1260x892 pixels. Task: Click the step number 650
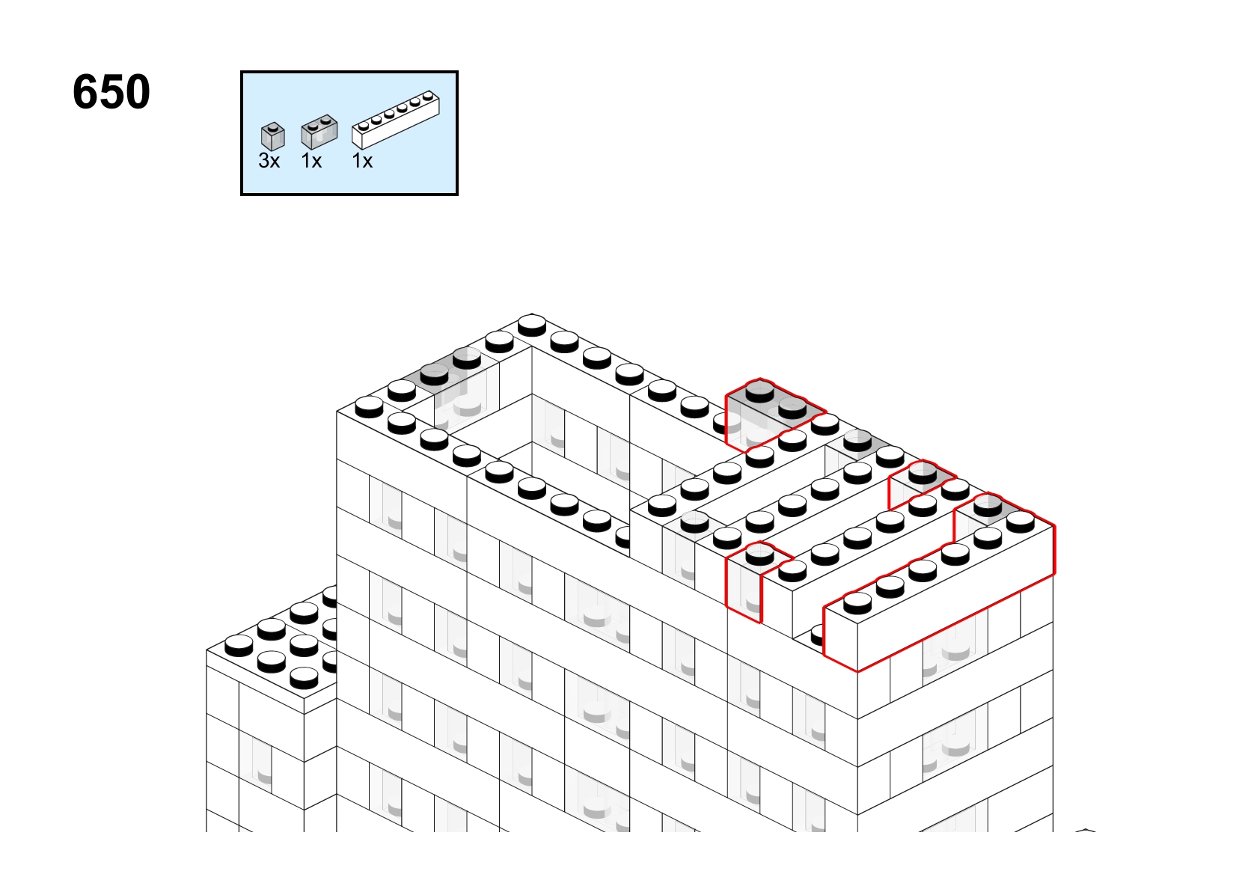[111, 91]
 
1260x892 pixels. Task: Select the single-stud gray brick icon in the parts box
[273, 136]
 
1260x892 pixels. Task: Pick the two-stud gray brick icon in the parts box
[319, 132]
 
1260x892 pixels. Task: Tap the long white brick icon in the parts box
[396, 120]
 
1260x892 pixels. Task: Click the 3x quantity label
[269, 161]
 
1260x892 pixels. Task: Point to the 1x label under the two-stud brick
[311, 161]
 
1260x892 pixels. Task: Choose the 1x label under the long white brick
[362, 161]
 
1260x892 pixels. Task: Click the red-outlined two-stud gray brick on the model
[774, 415]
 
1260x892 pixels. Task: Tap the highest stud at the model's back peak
[531, 325]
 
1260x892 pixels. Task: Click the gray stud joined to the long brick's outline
[988, 504]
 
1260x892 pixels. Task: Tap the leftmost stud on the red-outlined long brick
[857, 602]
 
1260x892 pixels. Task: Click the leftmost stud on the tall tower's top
[369, 406]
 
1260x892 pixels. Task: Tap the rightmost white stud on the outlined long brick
[1021, 522]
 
